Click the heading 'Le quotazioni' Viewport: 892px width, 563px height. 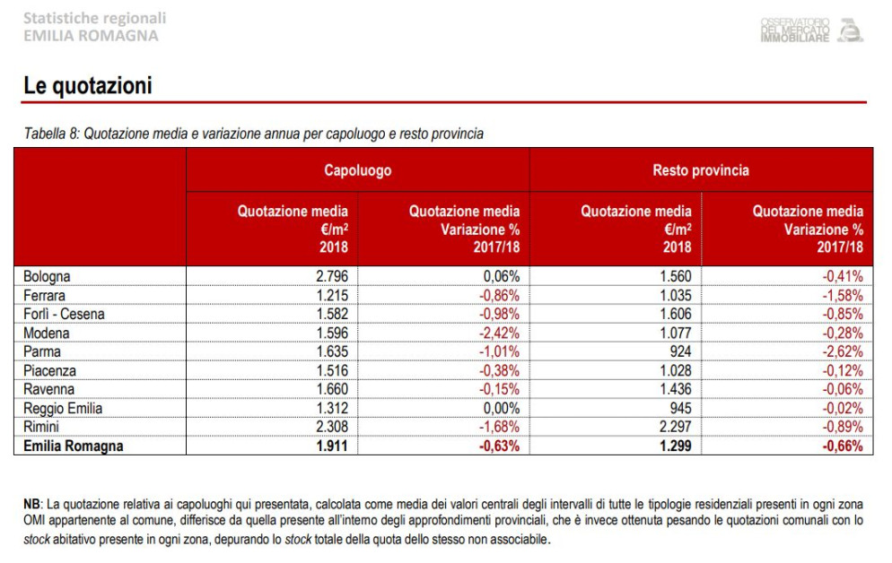click(88, 86)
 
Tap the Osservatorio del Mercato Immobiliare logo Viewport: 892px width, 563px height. click(812, 30)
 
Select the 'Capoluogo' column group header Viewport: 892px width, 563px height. click(358, 170)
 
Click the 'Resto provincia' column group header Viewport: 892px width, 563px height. click(701, 170)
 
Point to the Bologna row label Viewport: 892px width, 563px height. click(48, 277)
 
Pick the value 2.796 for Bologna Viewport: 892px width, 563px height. click(332, 277)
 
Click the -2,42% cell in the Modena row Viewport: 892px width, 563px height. click(499, 333)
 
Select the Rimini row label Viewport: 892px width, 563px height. click(41, 427)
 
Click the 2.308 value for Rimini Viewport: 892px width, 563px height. click(332, 427)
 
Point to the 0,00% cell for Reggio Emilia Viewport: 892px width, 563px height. click(501, 409)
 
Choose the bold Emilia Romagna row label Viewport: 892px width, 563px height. click(74, 446)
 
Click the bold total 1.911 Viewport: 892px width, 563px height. click(332, 446)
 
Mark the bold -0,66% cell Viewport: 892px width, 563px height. click(843, 446)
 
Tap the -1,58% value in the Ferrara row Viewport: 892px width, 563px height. click(843, 296)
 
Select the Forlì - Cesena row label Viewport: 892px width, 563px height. click(65, 314)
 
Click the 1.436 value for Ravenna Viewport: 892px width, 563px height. click(676, 389)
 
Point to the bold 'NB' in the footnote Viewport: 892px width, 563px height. click(31, 505)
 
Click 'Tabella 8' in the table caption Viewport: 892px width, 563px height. click(50, 134)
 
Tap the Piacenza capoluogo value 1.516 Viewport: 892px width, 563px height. click(332, 371)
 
